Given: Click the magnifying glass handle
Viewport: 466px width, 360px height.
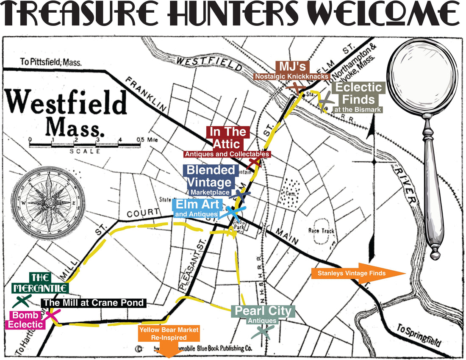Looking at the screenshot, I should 433,203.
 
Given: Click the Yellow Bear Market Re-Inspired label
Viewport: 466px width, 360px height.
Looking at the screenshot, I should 169,334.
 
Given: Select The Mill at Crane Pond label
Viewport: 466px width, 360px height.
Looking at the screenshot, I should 94,303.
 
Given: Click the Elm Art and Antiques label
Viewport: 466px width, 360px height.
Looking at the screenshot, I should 197,208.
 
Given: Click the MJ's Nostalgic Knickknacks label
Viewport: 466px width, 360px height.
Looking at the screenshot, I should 292,71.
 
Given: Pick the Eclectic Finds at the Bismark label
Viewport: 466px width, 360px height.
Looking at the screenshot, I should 358,97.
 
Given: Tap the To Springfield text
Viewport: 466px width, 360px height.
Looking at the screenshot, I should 420,335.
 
